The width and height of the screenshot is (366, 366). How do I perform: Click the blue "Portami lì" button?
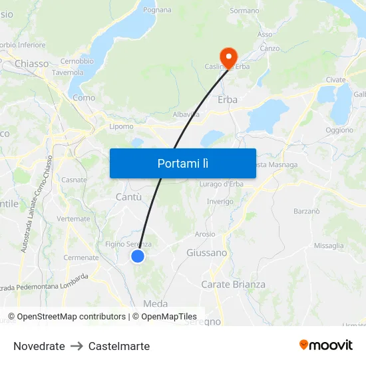182,163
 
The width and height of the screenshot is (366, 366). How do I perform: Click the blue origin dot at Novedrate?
138,256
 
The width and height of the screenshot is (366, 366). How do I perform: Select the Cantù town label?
128,197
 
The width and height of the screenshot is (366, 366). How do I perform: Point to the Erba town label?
228,100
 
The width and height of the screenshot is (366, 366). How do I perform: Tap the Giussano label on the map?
206,253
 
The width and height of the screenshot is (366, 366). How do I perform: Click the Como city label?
84,98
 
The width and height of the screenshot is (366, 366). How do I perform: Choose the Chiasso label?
32,64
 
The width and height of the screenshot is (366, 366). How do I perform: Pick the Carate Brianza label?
233,284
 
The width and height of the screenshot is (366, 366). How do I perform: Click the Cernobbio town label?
77,61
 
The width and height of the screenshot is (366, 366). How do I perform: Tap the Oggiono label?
340,130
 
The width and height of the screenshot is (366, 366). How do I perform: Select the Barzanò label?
307,211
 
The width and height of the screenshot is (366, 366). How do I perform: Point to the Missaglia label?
329,246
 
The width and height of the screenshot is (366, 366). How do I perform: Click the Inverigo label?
220,201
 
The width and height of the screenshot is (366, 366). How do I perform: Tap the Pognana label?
157,10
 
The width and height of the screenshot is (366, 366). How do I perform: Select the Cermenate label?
81,258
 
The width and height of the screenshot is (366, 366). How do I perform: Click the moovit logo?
326,345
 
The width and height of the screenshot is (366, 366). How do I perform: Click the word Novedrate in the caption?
39,346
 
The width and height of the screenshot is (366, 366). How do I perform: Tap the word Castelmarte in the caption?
119,346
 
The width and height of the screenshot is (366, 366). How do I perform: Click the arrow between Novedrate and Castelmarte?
77,346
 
